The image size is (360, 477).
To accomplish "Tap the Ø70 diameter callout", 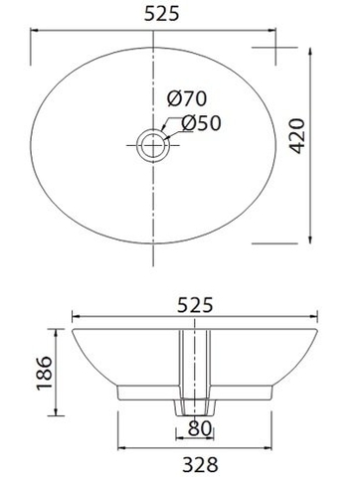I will [186, 100].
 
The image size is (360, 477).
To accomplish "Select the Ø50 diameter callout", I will [201, 124].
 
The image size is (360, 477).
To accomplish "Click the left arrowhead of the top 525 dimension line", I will [37, 33].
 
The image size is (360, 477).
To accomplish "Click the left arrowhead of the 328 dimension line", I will [121, 443].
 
